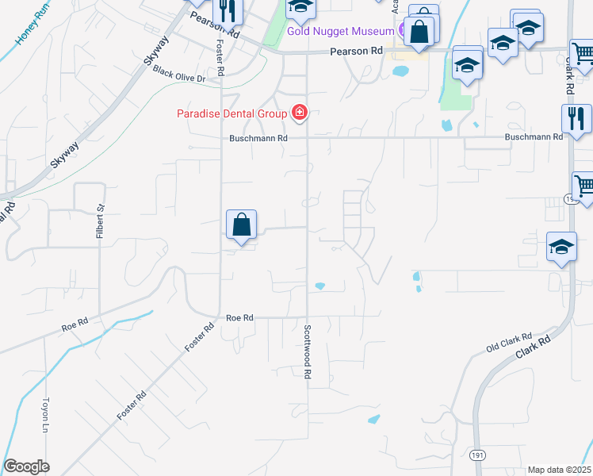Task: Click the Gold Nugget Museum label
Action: (340, 31)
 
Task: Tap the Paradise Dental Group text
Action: (231, 113)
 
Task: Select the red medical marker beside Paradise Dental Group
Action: (300, 113)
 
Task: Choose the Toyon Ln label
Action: (46, 413)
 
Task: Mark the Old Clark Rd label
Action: (509, 342)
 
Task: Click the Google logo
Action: (26, 466)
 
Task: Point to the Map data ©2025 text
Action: (559, 470)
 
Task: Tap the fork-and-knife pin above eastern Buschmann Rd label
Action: (576, 118)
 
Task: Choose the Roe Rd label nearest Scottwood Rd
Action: (239, 317)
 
